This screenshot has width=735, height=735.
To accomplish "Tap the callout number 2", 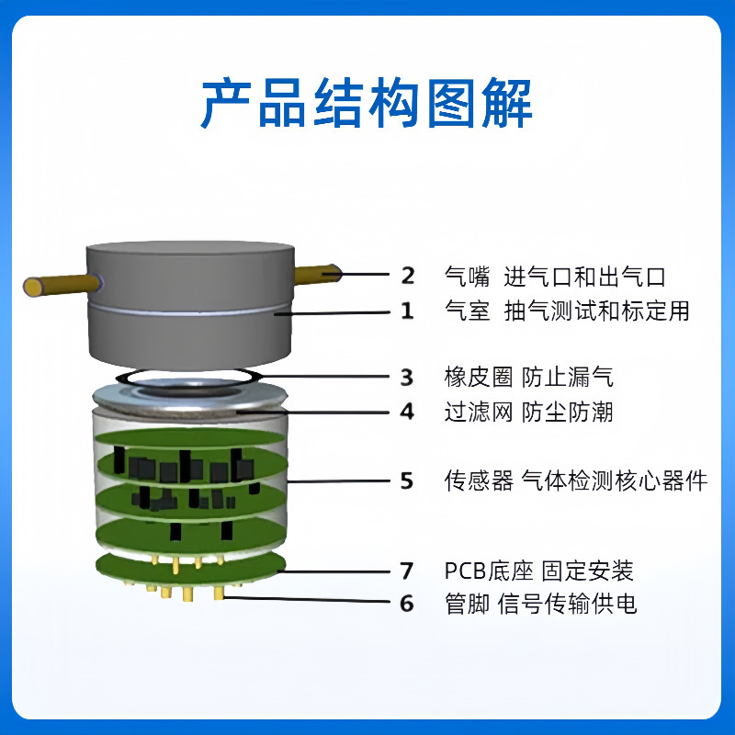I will pyautogui.click(x=408, y=276).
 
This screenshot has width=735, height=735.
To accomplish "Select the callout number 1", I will pyautogui.click(x=408, y=311).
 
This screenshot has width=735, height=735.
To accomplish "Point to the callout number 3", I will pyautogui.click(x=408, y=377).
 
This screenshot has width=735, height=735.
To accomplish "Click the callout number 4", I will pyautogui.click(x=408, y=411).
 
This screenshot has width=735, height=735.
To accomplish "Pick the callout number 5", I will pyautogui.click(x=408, y=480).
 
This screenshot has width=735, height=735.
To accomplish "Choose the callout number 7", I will pyautogui.click(x=408, y=571).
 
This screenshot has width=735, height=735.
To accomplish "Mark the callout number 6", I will pyautogui.click(x=408, y=604).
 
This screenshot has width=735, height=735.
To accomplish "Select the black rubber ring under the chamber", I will pyautogui.click(x=192, y=376).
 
